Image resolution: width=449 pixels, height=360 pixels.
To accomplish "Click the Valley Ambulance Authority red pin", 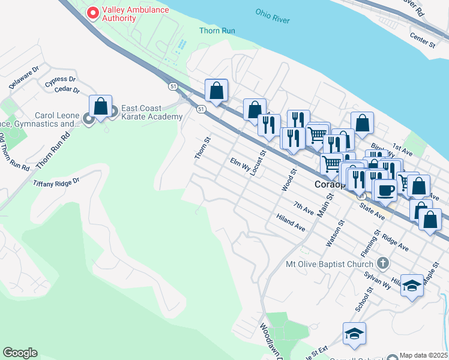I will pos(92,13).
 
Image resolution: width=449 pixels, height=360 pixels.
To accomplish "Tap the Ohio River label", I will pos(272,16).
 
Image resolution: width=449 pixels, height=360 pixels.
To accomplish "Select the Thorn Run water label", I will pos(217,31).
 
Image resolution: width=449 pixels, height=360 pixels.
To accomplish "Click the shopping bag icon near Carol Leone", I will pos(101,107).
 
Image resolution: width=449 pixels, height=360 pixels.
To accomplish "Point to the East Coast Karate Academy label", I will pos(151,112).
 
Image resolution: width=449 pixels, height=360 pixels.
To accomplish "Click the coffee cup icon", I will pos(386,190).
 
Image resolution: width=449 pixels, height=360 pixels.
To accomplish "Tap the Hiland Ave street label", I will pos(291,223).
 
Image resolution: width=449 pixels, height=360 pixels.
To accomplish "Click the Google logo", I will pos(20,353).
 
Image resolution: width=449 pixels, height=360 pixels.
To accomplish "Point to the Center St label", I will pos(422,40).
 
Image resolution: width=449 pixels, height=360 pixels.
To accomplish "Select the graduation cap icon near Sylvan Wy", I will pos(412,286).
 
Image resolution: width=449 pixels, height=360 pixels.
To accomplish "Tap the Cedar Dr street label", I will pos(67,90).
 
